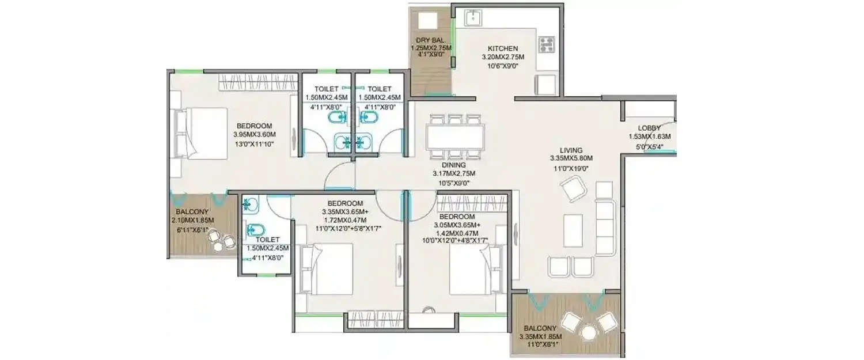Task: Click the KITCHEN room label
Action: click(x=503, y=48)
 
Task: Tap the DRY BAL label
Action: click(x=429, y=40)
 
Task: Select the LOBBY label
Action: click(x=649, y=128)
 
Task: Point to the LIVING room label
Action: click(x=570, y=150)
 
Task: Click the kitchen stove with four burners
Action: click(x=545, y=44)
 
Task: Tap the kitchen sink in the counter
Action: click(x=473, y=18)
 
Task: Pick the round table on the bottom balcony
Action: click(x=588, y=333)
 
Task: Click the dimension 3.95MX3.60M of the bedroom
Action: click(x=253, y=135)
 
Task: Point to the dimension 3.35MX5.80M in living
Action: click(x=570, y=158)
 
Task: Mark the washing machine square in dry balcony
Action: click(x=429, y=21)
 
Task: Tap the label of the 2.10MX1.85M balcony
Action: click(x=188, y=211)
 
